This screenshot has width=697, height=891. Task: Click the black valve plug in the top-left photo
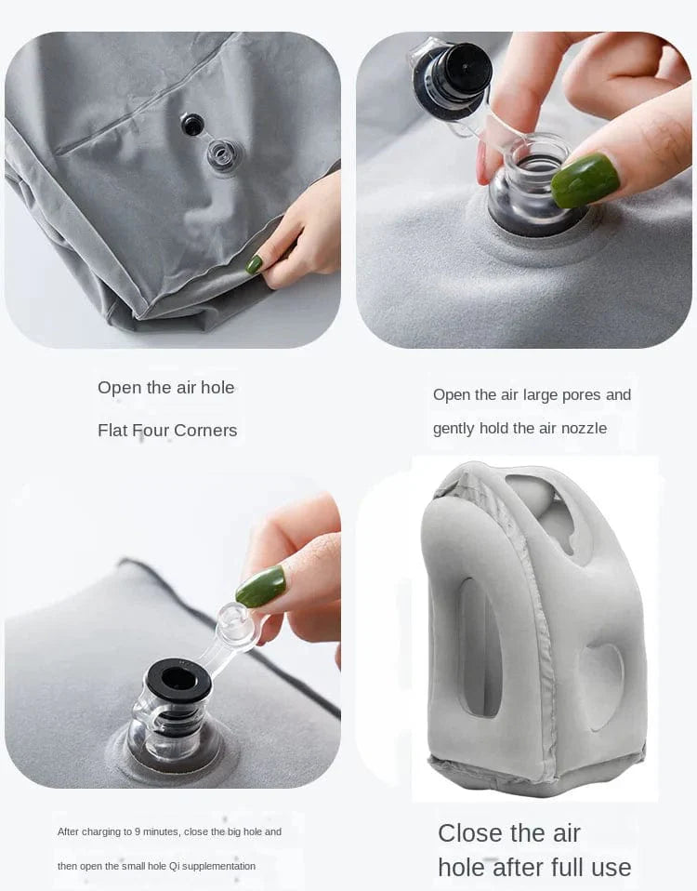tap(192, 125)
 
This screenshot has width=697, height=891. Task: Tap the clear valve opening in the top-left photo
tap(224, 154)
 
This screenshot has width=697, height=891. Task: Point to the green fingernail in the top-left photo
tap(254, 264)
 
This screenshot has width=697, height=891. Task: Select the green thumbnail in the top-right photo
tap(585, 180)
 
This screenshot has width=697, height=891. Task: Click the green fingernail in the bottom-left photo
tap(261, 587)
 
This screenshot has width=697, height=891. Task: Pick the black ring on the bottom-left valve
tap(178, 680)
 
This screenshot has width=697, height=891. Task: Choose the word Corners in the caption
tap(207, 431)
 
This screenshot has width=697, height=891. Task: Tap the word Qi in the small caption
tap(175, 866)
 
